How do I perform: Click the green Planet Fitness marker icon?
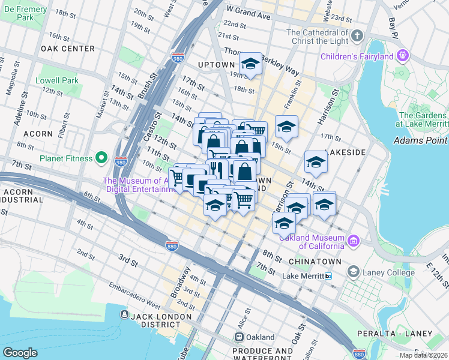tap(101, 158)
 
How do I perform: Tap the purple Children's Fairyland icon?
tap(402, 56)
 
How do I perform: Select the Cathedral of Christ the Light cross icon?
tap(357, 36)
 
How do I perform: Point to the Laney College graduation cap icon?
tap(354, 272)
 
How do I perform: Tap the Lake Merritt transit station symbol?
tap(328, 276)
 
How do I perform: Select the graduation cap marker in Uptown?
tap(250, 64)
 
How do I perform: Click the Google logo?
tap(20, 352)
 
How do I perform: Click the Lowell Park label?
tap(57, 80)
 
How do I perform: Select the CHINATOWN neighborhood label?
tap(316, 262)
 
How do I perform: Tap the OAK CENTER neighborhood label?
tap(68, 48)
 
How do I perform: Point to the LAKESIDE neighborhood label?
tap(345, 152)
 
